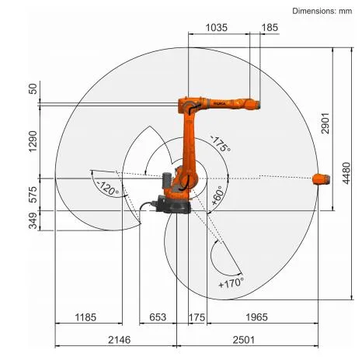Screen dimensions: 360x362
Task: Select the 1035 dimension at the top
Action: click(x=218, y=27)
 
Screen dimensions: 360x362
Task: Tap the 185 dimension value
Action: click(x=269, y=27)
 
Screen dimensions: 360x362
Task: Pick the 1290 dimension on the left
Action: click(x=32, y=140)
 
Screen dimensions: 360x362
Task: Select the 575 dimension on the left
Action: click(x=32, y=194)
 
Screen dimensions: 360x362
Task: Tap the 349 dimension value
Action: click(x=32, y=222)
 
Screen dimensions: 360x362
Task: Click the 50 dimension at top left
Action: click(x=32, y=89)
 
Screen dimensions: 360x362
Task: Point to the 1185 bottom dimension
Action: click(x=85, y=317)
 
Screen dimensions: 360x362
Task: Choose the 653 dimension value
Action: click(x=158, y=317)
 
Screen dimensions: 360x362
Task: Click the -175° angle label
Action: click(x=220, y=145)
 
